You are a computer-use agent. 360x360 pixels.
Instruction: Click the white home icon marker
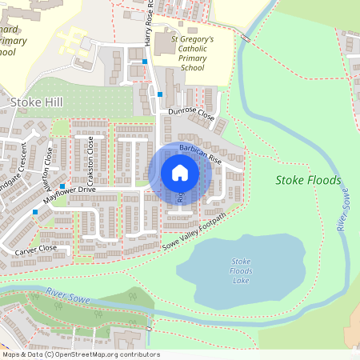(x=180, y=173)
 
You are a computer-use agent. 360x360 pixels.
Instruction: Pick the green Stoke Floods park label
(x=308, y=180)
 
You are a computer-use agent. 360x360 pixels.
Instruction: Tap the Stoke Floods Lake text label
(x=241, y=271)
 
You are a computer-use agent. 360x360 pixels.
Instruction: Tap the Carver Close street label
(x=34, y=249)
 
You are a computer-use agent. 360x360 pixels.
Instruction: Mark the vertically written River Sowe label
(x=344, y=209)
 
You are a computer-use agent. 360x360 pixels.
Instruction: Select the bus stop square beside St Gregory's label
(x=145, y=61)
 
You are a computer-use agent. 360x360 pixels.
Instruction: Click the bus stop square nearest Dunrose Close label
(x=160, y=94)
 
